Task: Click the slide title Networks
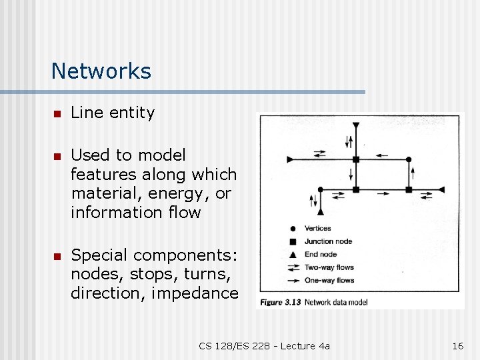point(101,71)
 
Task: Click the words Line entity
point(112,113)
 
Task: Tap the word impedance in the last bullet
point(204,293)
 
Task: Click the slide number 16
point(457,345)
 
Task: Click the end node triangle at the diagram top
point(356,125)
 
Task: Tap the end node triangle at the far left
point(290,159)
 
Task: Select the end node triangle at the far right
point(441,190)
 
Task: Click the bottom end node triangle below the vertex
point(321,212)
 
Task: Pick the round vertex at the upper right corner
point(409,159)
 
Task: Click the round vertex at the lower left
point(321,190)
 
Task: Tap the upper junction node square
point(356,159)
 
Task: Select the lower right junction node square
point(409,190)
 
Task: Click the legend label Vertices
point(318,229)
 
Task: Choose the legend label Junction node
point(328,241)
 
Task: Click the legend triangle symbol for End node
point(293,254)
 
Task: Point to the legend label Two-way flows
point(329,267)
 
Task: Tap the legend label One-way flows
point(329,279)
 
